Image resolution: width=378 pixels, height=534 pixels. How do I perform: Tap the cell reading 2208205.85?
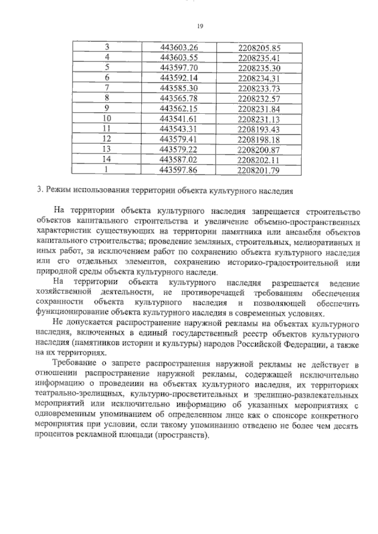pos(258,47)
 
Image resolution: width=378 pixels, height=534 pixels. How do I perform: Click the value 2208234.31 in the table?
pos(258,77)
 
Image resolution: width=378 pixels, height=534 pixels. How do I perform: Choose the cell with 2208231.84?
pos(258,108)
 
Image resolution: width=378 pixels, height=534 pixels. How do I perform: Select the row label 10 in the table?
pos(107,119)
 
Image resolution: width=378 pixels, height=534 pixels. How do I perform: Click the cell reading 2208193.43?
pos(258,129)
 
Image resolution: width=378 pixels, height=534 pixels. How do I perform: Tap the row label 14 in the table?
pos(107,159)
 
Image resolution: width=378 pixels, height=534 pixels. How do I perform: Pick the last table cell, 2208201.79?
pos(258,170)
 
